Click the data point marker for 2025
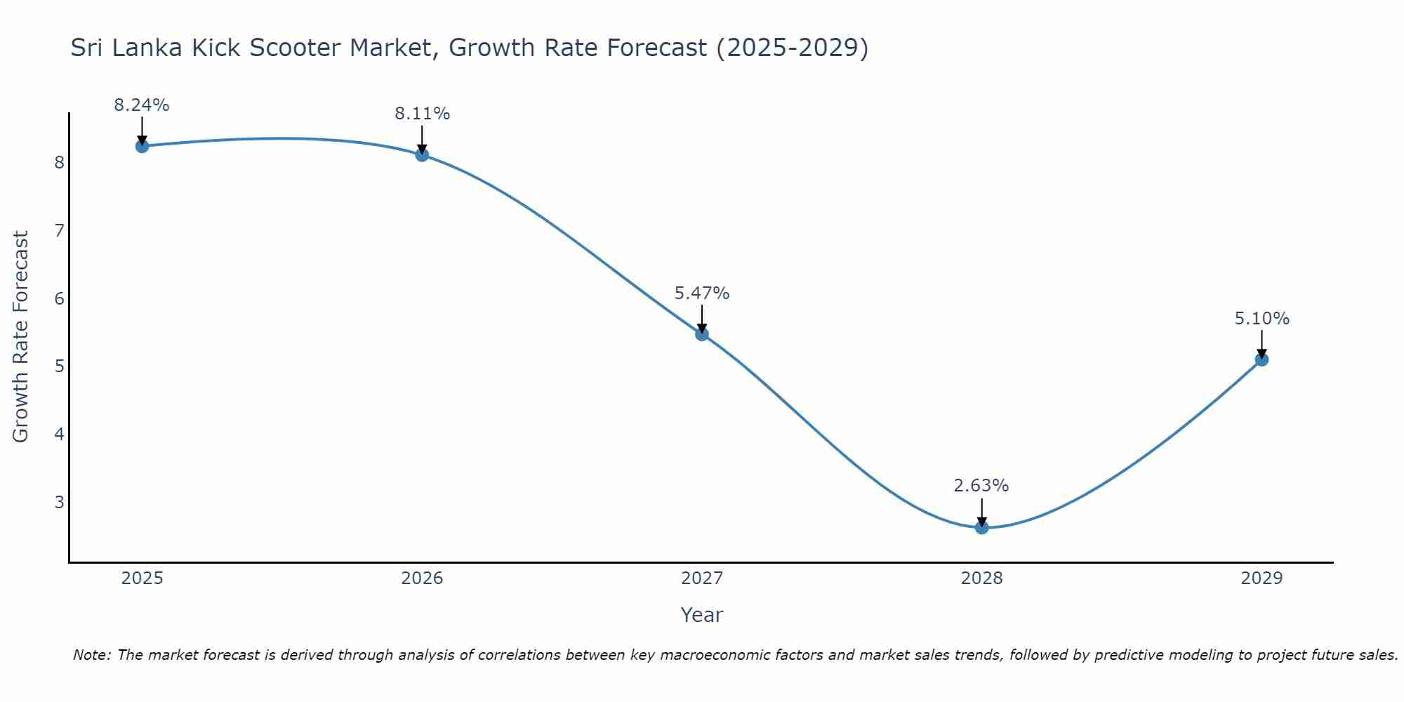(x=142, y=146)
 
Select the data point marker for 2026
(x=422, y=154)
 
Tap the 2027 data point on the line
(x=702, y=334)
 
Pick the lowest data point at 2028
(x=981, y=527)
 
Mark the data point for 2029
(x=1261, y=359)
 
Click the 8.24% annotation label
(x=142, y=105)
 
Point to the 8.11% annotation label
(x=422, y=114)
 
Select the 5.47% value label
(x=702, y=293)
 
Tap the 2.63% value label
(x=981, y=486)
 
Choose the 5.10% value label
(x=1261, y=319)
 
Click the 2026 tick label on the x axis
(x=422, y=578)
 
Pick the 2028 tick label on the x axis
(x=981, y=578)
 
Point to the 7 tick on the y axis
(x=60, y=230)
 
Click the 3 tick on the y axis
(x=60, y=502)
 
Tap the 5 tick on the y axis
(x=60, y=366)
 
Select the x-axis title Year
(x=702, y=615)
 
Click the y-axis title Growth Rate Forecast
(x=21, y=337)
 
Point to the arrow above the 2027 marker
(x=702, y=319)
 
